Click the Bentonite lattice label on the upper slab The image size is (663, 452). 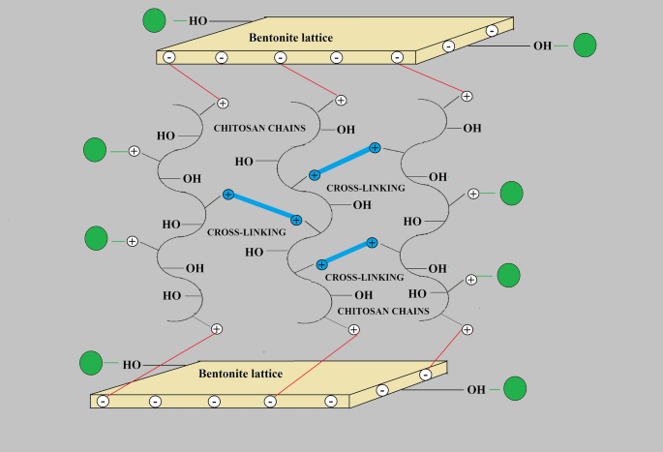pos(290,38)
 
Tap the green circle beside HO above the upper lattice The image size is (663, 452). pos(154,19)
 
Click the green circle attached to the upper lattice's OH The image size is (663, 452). pos(585,45)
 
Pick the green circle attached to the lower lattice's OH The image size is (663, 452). pos(515,389)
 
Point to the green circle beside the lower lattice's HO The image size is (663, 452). pos(91,363)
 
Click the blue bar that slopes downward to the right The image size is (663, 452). pos(262,207)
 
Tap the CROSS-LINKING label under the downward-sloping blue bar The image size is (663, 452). pos(246,232)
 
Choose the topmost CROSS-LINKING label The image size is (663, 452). pos(366,188)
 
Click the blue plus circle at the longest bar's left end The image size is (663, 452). pos(228,195)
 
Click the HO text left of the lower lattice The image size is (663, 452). pos(132,365)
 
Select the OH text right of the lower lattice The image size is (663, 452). pos(475,390)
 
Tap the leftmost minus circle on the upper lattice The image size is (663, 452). pos(169,58)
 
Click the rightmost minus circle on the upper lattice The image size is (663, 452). pos(492,31)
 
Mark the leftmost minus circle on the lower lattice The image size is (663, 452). pos(103,401)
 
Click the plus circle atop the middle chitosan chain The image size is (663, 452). pos(341,99)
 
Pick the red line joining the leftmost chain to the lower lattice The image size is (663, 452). pos(161,364)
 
